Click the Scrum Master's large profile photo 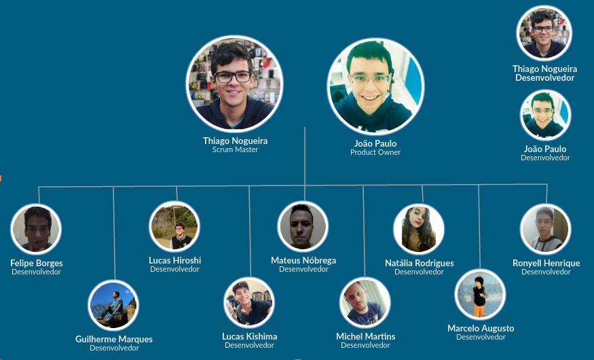point(234,84)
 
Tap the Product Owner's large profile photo point(375,86)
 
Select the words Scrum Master point(235,150)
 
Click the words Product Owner point(375,153)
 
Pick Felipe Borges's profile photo point(36,229)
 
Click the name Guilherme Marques point(114,339)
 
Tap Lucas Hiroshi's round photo point(174,226)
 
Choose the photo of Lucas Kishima point(249,302)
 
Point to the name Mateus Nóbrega point(303,260)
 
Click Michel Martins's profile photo point(365,302)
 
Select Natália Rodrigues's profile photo point(419,229)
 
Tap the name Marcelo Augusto point(481,328)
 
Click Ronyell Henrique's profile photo point(546,229)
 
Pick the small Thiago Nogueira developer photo point(544,33)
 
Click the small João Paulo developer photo point(545,115)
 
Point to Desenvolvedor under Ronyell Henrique point(546,272)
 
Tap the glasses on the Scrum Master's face point(233,76)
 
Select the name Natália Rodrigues point(419,263)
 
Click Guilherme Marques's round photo point(113,305)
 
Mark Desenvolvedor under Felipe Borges point(36,272)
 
